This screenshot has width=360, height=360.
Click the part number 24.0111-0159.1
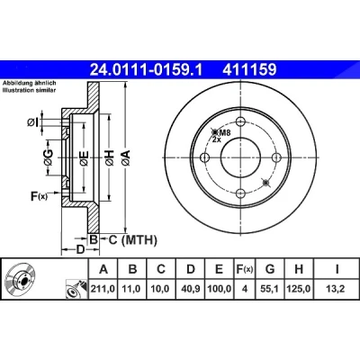click(147, 70)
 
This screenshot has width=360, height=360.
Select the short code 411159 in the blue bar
click(249, 70)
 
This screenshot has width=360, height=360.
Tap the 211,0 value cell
click(103, 289)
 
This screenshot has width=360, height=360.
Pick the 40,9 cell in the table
click(191, 289)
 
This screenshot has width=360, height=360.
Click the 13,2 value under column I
click(337, 289)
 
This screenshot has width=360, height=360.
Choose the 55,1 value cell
click(270, 289)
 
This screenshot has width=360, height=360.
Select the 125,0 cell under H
click(299, 289)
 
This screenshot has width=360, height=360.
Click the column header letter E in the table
click(220, 269)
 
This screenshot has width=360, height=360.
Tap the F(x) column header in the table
click(245, 269)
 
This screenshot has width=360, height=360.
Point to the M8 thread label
click(224, 132)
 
